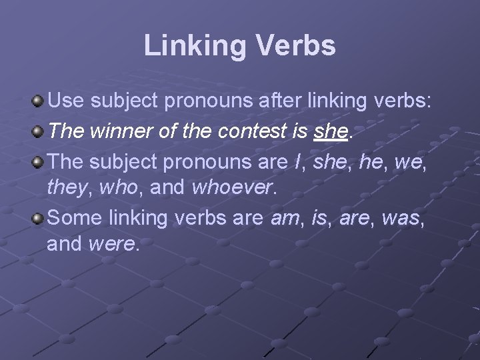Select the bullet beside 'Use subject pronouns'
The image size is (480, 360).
[x=39, y=102]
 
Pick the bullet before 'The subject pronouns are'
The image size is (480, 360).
[x=39, y=160]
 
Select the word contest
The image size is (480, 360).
[x=253, y=131]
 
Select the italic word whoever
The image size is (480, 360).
[x=232, y=189]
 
